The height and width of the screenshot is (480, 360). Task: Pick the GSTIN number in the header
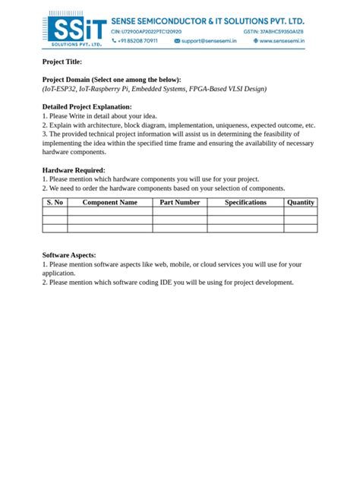click(x=273, y=32)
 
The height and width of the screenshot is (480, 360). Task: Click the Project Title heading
click(x=62, y=62)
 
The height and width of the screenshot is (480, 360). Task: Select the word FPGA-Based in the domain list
click(x=204, y=89)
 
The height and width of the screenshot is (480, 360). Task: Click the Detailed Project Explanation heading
click(x=87, y=107)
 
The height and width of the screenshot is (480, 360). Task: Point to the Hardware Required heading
click(x=74, y=170)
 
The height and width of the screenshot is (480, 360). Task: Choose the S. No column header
click(x=55, y=203)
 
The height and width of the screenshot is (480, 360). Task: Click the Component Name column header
click(x=109, y=203)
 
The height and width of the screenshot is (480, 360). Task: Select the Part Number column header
click(x=180, y=203)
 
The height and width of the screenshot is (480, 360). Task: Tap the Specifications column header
click(x=245, y=203)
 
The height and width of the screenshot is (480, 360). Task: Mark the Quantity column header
click(x=301, y=203)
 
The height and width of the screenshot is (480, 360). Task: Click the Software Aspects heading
click(x=69, y=255)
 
